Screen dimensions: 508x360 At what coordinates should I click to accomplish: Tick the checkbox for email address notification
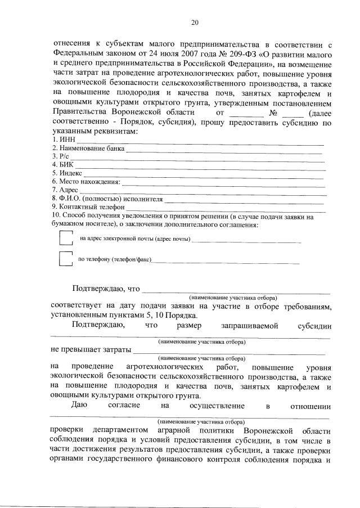66,239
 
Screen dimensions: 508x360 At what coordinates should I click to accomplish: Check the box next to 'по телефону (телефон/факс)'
66,259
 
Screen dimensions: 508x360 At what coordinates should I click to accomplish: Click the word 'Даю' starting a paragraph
79,406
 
